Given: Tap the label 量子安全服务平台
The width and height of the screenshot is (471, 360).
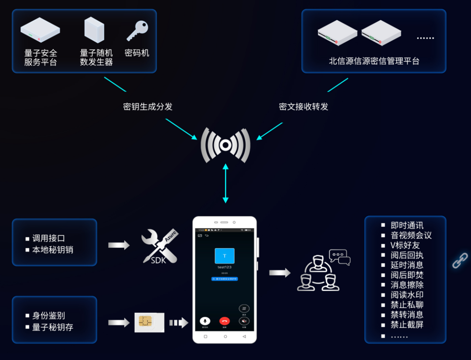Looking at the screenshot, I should coord(41,58).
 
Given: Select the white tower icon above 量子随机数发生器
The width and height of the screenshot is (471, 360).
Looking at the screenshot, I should coord(94,30).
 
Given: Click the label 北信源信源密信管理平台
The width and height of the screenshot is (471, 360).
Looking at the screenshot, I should coord(374,61).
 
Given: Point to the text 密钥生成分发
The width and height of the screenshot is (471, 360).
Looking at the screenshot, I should coord(148,106).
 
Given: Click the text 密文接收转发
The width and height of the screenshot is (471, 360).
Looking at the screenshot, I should coord(304,106).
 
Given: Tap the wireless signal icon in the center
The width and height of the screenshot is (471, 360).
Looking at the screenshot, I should coord(225,145).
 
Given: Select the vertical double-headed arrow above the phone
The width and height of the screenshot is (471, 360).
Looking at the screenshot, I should coord(225,183).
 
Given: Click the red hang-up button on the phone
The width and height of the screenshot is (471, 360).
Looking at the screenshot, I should coord(225,321).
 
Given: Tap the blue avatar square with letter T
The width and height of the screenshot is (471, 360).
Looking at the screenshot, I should coord(225,256).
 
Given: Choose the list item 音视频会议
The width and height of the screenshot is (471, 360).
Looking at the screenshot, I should coord(411,235).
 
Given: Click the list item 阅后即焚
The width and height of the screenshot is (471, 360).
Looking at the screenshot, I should coord(407,275).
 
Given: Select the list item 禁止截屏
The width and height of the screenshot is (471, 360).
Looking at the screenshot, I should coord(407,325).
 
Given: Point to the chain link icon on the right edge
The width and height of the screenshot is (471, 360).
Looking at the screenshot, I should coord(460,260).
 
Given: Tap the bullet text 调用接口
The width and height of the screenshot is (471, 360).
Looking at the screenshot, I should coord(48,238).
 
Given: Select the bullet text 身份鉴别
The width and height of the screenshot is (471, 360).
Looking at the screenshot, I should coord(48,315).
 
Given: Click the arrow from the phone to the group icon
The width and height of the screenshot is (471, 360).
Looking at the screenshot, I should coord(280,273).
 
